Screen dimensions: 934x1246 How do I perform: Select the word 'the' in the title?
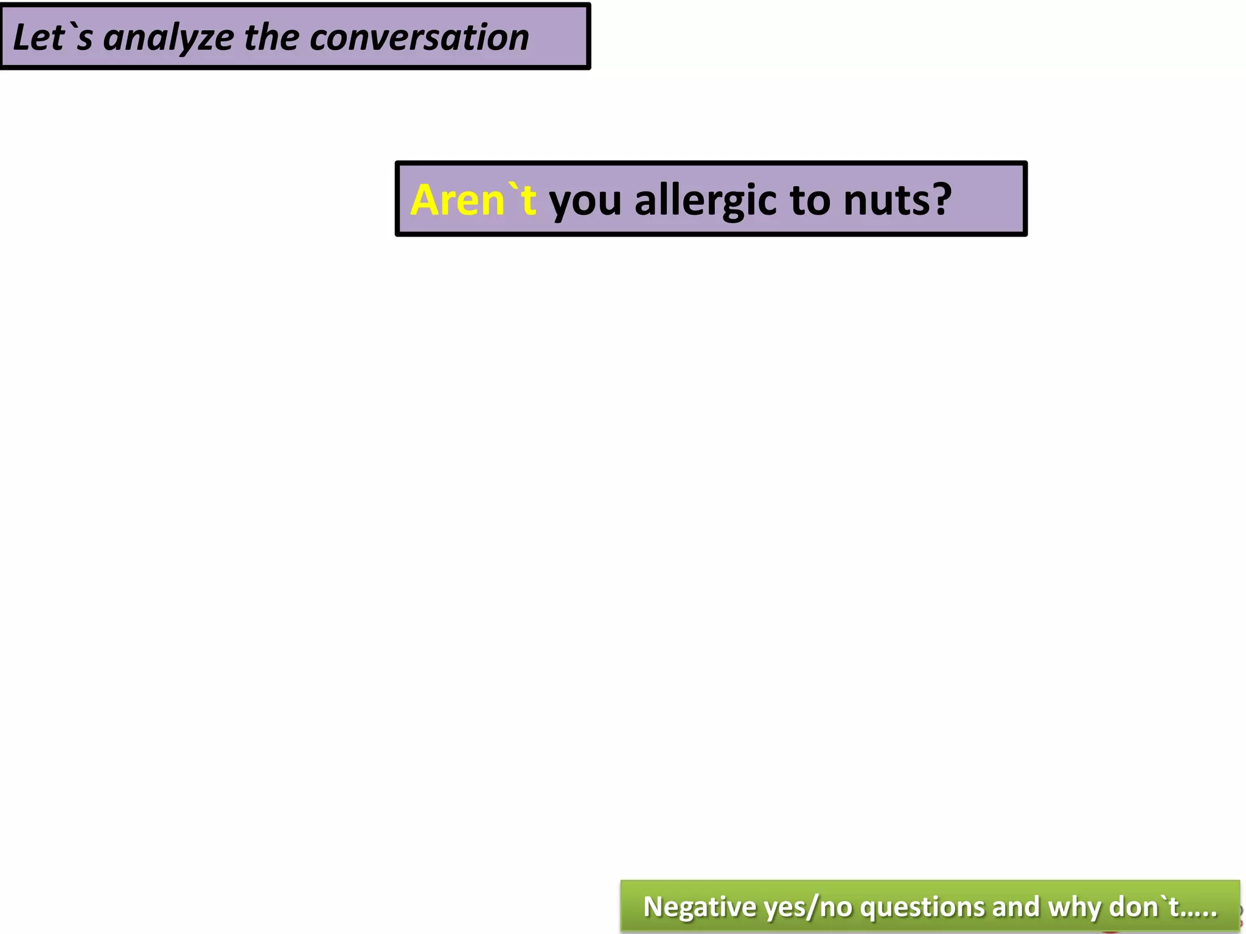[271, 38]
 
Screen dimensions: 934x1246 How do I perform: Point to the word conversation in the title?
[419, 38]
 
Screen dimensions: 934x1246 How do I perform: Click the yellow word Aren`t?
[473, 200]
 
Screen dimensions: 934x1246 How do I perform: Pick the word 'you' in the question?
[585, 201]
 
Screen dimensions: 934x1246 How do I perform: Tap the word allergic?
[706, 200]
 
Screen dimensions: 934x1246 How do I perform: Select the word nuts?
[879, 201]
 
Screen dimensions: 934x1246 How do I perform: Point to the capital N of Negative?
[653, 907]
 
